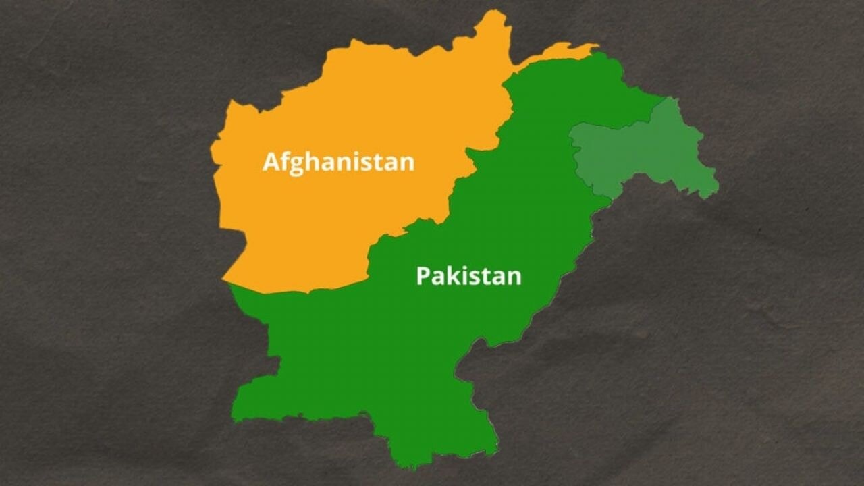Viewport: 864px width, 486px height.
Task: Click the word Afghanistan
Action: tap(338, 163)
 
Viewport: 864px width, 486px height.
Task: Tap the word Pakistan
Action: tap(468, 276)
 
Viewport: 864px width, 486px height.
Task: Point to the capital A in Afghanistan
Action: tap(271, 162)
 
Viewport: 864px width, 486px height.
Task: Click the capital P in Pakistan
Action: tap(423, 276)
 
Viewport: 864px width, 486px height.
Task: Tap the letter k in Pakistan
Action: tap(452, 275)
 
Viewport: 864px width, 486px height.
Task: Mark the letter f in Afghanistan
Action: tap(283, 161)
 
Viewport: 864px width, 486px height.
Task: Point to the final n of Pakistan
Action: tap(514, 277)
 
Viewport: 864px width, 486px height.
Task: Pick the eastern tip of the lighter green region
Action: tap(717, 184)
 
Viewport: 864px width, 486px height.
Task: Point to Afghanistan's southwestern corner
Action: tap(225, 279)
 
